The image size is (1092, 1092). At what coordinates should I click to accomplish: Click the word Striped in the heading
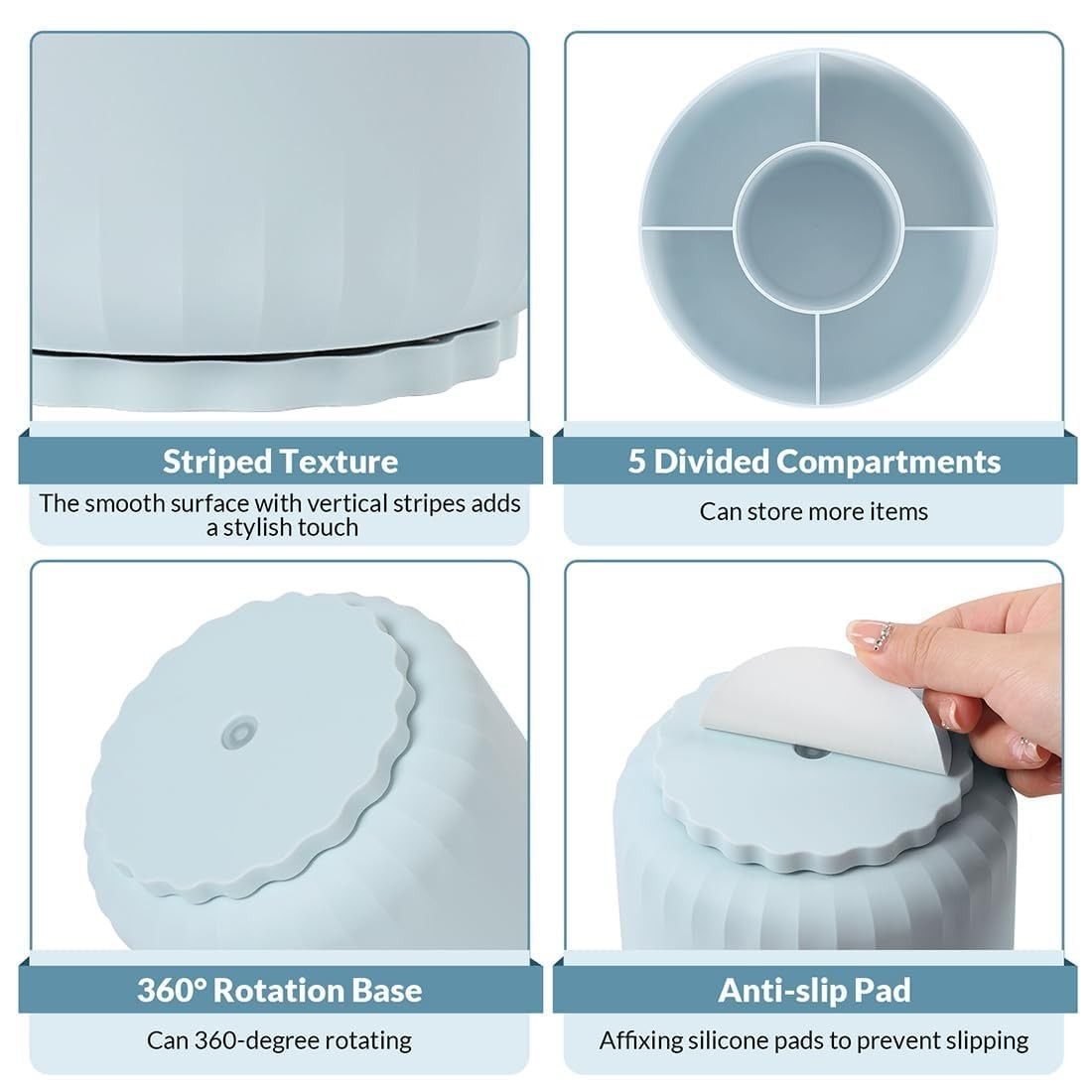[x=216, y=463]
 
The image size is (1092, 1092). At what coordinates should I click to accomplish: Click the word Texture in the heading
[x=339, y=462]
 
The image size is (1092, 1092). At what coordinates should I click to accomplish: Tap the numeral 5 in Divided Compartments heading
[x=637, y=461]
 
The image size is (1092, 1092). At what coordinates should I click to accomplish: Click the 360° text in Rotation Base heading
[x=171, y=991]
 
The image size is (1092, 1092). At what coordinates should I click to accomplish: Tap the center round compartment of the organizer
[x=819, y=227]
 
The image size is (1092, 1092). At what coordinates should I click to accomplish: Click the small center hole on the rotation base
[x=239, y=733]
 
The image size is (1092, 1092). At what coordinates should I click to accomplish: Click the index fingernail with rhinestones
[x=872, y=635]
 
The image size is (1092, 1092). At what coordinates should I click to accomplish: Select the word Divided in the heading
[x=711, y=462]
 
